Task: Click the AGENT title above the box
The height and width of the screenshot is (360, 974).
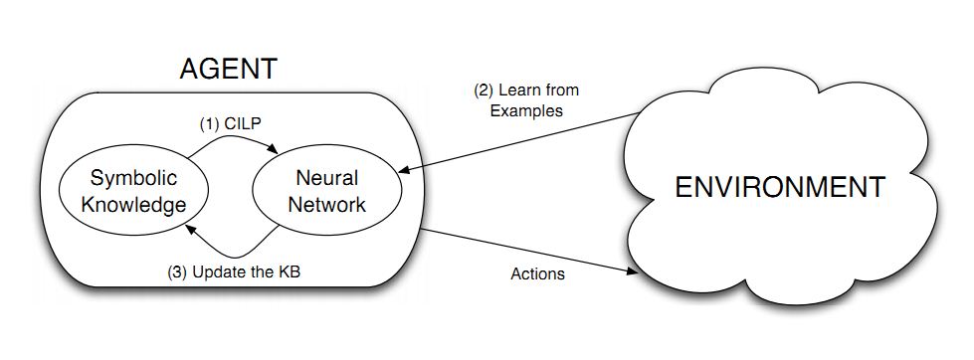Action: pos(228,70)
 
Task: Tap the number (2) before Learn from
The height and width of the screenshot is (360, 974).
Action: pos(481,90)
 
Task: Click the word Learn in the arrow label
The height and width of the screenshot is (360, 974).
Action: pos(517,90)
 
